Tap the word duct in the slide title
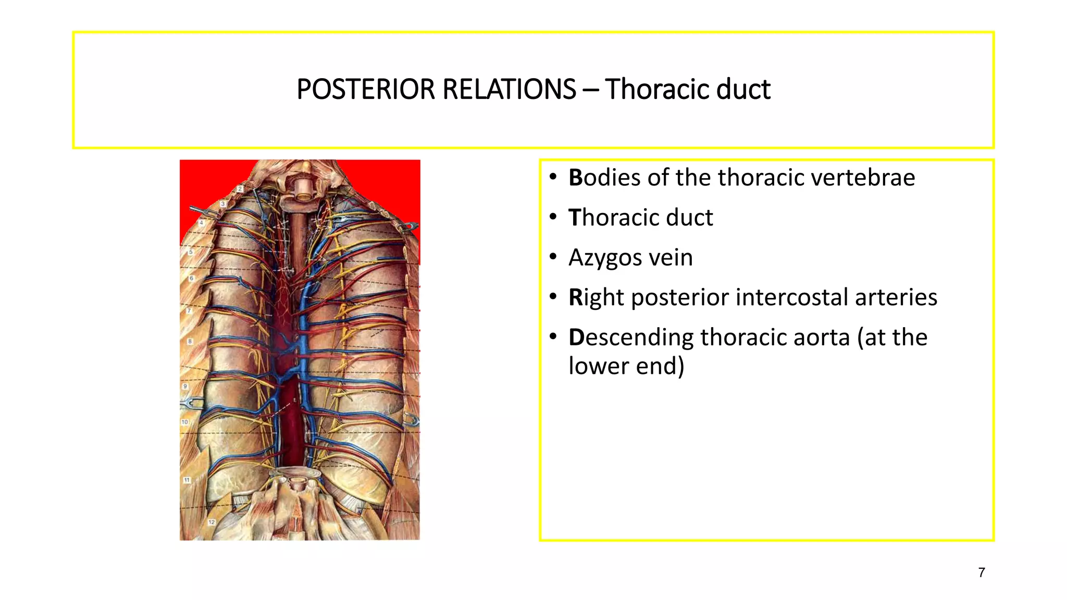click(743, 89)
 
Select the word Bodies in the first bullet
click(604, 178)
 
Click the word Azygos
click(604, 257)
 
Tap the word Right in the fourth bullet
click(596, 297)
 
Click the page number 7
click(982, 572)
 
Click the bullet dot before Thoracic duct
click(553, 217)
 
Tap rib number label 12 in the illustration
click(212, 522)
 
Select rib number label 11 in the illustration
click(187, 480)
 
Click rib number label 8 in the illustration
click(190, 342)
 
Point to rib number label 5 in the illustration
click(191, 252)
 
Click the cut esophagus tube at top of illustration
click(301, 189)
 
